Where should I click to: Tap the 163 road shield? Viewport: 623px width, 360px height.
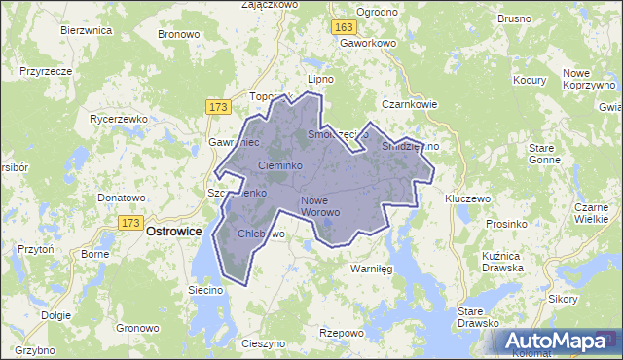click(342, 29)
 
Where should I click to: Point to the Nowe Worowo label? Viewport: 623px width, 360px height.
click(319, 205)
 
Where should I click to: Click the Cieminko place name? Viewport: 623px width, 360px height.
click(281, 166)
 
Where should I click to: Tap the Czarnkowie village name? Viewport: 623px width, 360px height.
click(410, 104)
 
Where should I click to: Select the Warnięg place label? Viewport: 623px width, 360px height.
click(370, 269)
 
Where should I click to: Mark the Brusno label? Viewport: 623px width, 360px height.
click(514, 18)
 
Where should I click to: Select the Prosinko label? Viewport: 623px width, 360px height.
click(506, 224)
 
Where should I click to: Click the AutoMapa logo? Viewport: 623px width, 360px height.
click(556, 341)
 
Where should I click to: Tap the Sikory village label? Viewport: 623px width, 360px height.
click(563, 299)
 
